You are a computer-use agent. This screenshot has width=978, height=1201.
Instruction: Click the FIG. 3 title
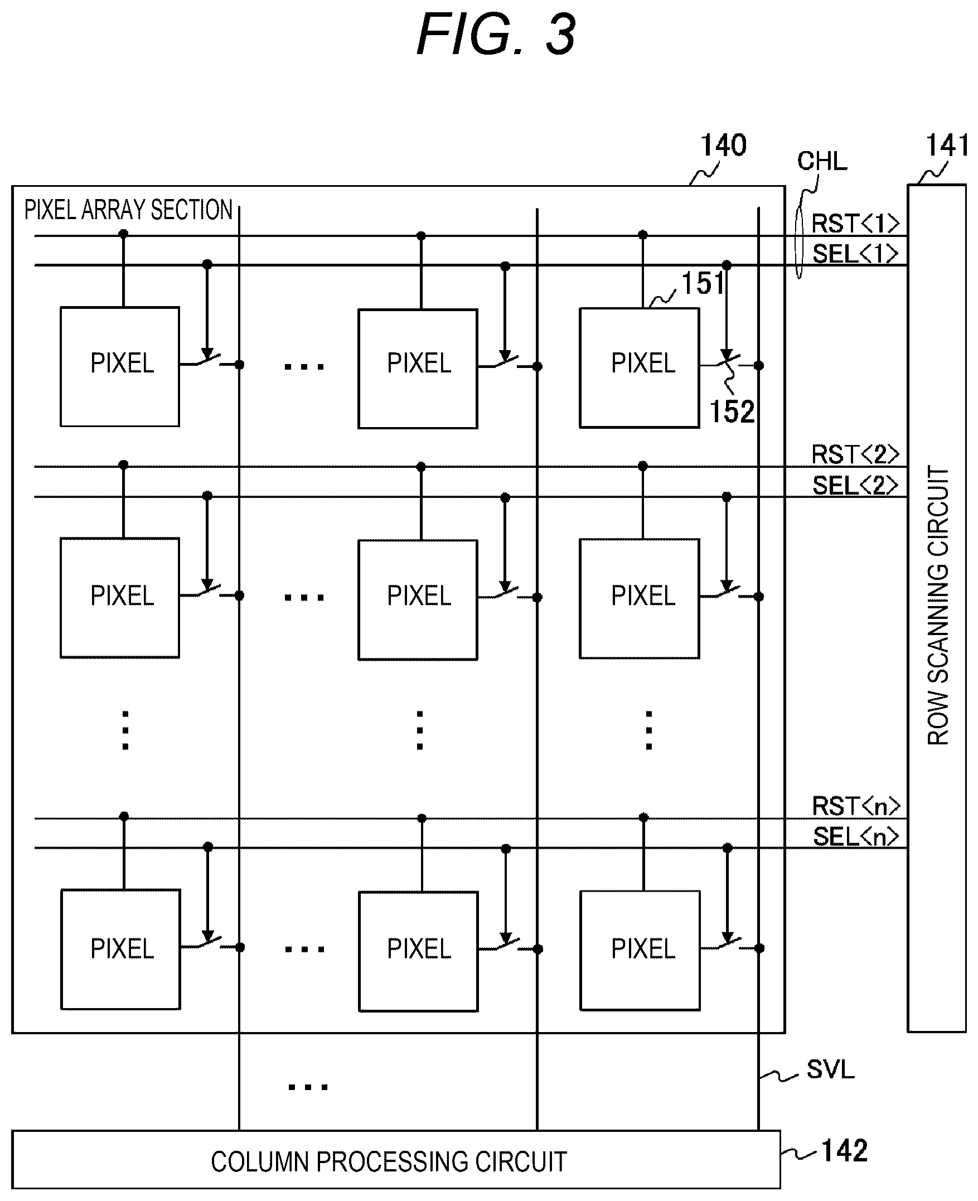pos(496,35)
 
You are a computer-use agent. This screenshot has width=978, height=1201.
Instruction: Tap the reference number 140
pos(723,146)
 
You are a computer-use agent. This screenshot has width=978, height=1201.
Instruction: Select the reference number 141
pos(947,146)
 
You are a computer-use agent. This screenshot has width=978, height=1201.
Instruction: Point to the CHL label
pos(822,161)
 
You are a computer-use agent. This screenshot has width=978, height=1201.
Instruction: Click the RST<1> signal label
pos(855,224)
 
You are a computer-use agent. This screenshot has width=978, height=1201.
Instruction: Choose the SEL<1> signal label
pos(855,254)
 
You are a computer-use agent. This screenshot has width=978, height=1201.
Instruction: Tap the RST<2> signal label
pos(855,454)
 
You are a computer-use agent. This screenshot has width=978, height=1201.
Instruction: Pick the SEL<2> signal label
pos(855,485)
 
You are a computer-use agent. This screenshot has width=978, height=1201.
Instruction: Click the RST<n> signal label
pos(856,806)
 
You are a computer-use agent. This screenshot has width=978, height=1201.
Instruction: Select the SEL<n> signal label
pos(856,836)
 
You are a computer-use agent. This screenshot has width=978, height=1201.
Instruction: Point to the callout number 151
pos(703,283)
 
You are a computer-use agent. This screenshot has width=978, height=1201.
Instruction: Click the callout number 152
pos(732,411)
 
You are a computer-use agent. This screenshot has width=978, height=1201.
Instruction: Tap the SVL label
pos(830,1069)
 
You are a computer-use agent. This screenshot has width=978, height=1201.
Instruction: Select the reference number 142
pos(845,1150)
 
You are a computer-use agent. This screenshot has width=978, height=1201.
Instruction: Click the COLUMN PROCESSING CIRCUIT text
pos(389,1161)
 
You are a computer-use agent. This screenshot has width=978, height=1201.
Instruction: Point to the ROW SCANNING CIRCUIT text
pos(938,605)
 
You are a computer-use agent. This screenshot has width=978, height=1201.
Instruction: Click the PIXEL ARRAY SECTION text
pos(128,210)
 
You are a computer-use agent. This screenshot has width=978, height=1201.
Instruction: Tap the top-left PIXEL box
pos(120,367)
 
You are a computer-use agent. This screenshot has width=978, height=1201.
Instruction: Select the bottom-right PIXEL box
pos(640,950)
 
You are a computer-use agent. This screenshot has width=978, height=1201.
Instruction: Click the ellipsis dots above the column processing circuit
pos(308,1087)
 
